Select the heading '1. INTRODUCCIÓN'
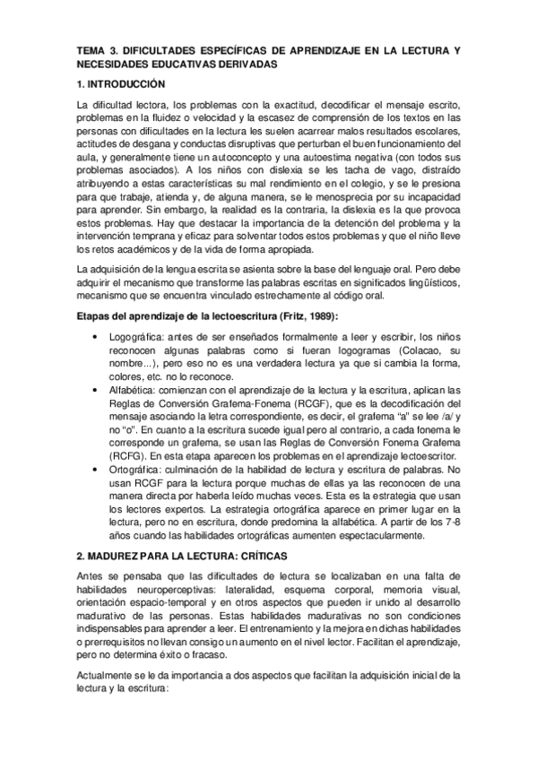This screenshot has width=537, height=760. tap(123, 84)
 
